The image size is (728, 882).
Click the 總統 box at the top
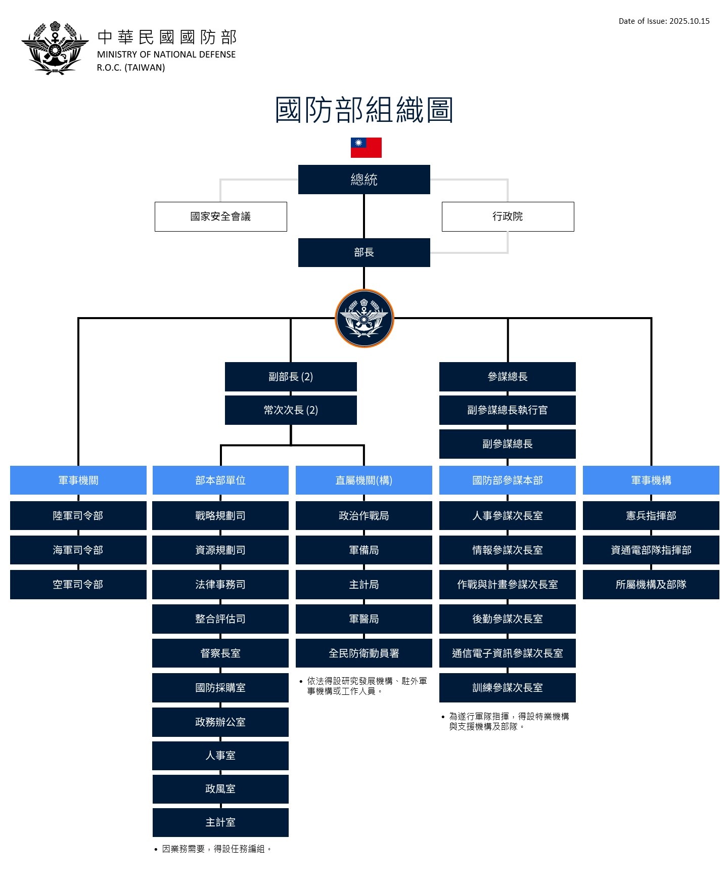[364, 180]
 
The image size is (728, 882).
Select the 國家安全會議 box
[221, 216]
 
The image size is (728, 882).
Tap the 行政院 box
[508, 216]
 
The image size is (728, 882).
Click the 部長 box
[364, 252]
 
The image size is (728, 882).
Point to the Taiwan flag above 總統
[366, 148]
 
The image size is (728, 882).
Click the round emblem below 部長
[364, 318]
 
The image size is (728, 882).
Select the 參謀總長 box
[508, 377]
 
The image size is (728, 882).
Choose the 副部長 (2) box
[291, 377]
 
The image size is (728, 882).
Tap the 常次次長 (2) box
[291, 410]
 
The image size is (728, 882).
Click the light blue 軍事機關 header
[78, 480]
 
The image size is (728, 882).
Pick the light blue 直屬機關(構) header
[364, 480]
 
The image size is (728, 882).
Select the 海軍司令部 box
[78, 550]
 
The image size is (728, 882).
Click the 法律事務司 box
[220, 585]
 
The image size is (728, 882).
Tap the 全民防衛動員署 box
[364, 653]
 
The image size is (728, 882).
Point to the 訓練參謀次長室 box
[508, 688]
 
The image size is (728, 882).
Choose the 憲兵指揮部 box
[651, 515]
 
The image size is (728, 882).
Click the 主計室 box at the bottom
[220, 822]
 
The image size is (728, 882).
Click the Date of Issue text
[664, 21]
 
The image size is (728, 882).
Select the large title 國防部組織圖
[364, 110]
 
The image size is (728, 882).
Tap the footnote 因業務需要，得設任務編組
[216, 849]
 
